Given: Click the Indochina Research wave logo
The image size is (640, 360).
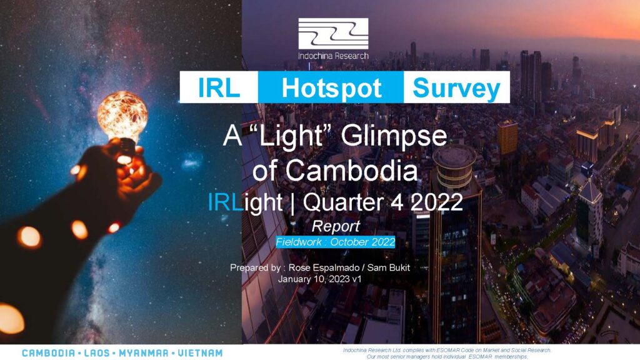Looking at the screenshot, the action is [333, 34].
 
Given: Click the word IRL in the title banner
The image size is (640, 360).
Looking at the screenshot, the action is [219, 87].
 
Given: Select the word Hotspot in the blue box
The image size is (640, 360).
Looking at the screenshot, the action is [331, 88].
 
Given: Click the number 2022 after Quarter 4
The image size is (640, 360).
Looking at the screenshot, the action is [436, 202].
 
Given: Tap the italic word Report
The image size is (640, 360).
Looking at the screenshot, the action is [336, 226].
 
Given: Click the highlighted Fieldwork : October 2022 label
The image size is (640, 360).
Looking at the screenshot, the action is [336, 242].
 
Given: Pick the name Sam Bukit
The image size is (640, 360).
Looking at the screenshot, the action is [389, 267].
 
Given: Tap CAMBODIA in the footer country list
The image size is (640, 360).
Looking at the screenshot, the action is [49, 353].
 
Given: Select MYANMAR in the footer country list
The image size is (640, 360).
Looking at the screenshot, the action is [144, 353].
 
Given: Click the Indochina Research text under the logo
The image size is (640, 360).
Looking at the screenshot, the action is [333, 56].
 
